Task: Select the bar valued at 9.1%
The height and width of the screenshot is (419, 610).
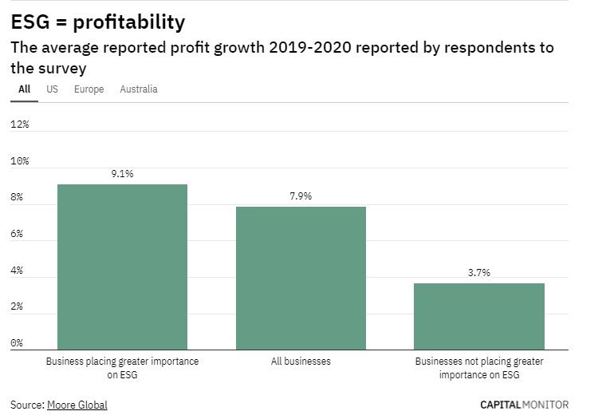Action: [x=122, y=267]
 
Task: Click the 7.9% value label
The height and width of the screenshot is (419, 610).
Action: [x=301, y=196]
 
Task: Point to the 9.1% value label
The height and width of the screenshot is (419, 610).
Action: [x=122, y=173]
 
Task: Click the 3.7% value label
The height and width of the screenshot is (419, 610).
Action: [x=479, y=272]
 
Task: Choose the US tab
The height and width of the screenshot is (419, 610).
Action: [x=52, y=89]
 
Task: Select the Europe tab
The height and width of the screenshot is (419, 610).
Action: [x=89, y=89]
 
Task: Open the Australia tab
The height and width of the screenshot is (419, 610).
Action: [x=139, y=89]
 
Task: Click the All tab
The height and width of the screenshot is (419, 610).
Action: [x=24, y=89]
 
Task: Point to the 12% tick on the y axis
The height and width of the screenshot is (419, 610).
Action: [x=19, y=125]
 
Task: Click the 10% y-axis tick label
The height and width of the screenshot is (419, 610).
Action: [x=19, y=161]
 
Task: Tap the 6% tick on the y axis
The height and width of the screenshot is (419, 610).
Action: [x=17, y=235]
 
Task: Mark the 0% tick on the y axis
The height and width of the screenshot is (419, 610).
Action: [x=17, y=344]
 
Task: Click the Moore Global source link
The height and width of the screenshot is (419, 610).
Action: [x=77, y=405]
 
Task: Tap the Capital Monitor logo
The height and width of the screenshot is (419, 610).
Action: [x=524, y=405]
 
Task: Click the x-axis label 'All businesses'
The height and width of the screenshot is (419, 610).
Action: [x=301, y=362]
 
